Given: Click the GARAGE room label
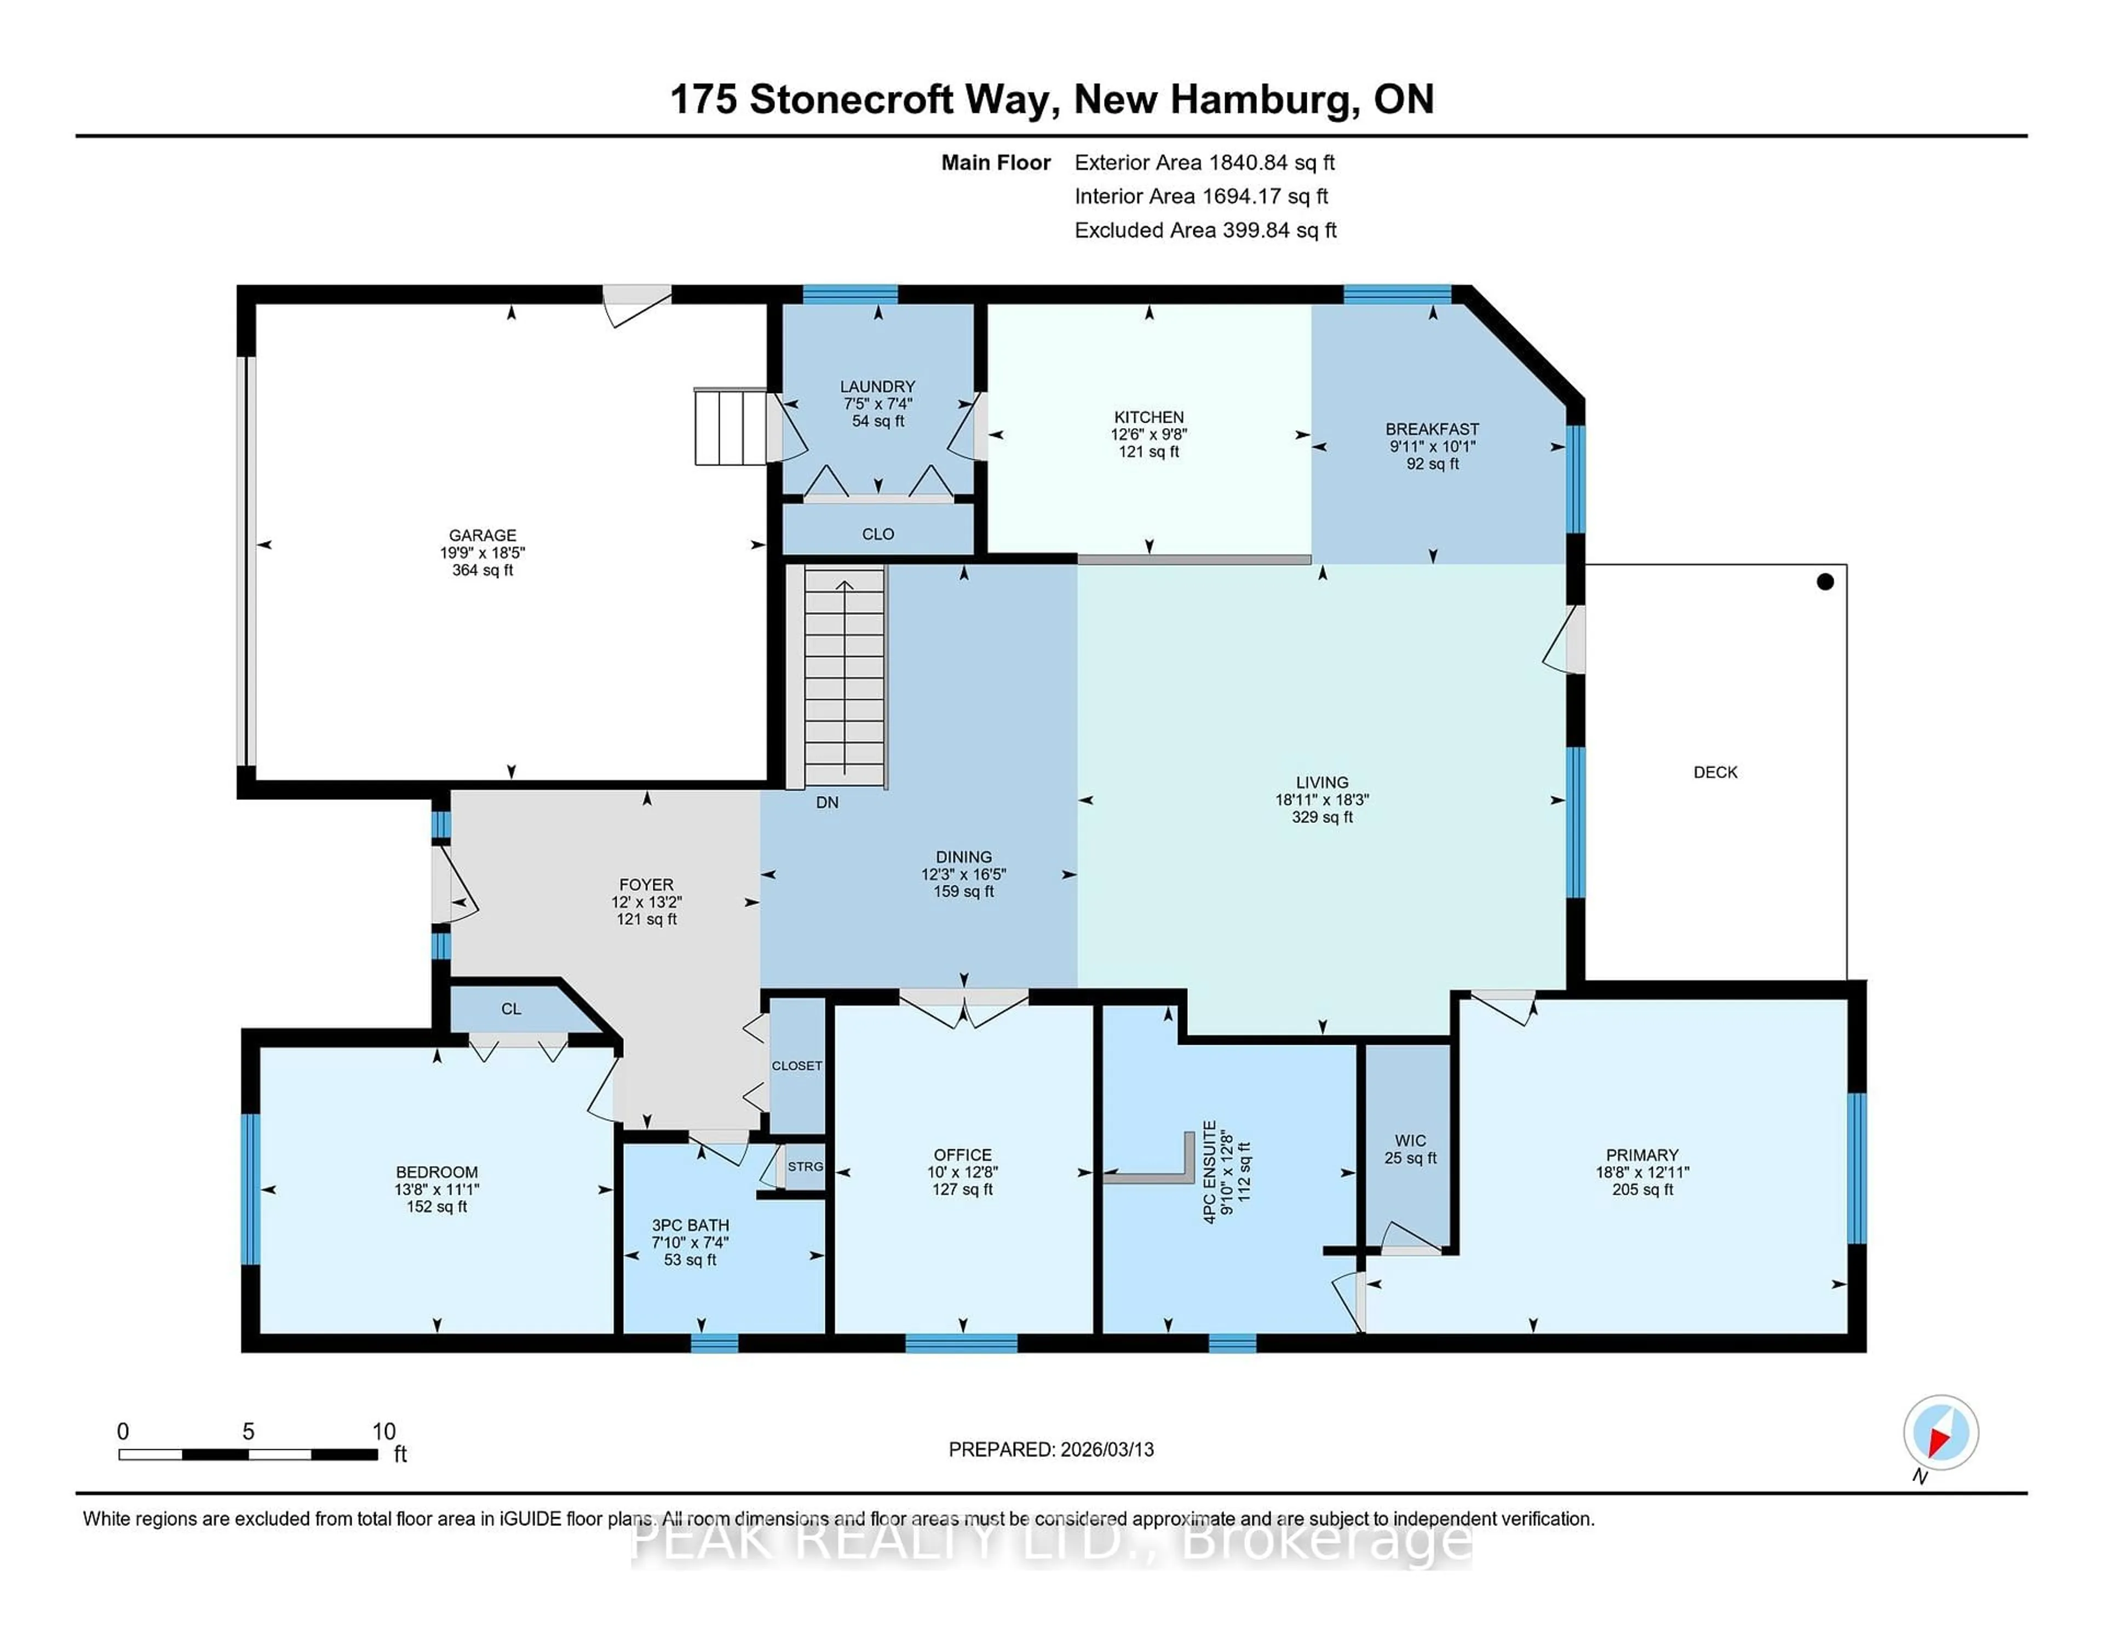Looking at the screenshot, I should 482,535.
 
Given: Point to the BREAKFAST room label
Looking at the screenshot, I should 1432,429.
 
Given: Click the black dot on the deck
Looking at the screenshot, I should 1825,581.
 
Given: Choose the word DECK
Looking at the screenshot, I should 1715,772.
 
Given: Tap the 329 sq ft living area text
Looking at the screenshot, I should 1322,817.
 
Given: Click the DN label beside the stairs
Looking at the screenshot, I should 827,802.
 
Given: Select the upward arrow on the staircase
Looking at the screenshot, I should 844,587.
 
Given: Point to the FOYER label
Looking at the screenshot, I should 646,885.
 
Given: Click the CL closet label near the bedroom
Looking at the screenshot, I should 512,1009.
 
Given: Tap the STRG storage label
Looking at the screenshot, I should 805,1167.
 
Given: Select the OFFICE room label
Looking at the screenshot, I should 962,1155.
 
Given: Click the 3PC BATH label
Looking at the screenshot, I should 691,1225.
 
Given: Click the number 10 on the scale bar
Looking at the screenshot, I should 383,1432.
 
